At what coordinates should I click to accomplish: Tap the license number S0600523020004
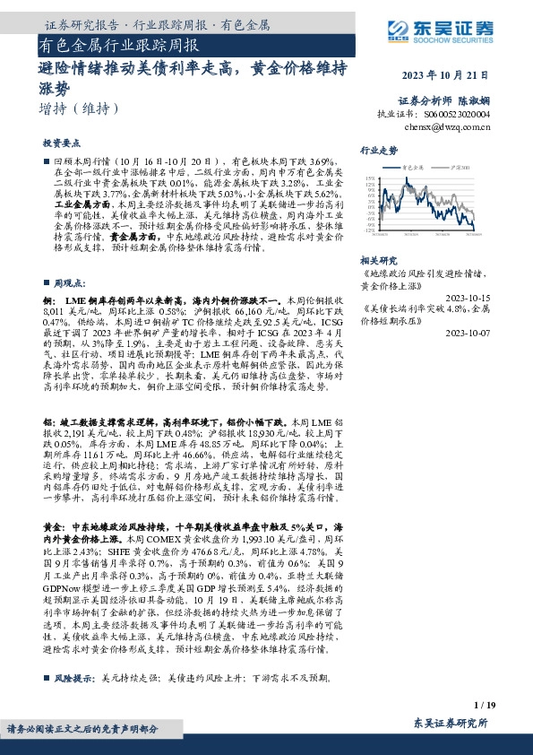point(458,115)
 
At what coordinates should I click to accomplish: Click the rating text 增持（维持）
point(80,108)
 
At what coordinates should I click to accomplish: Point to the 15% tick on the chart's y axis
point(369,179)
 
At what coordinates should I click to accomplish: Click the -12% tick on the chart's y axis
point(369,231)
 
